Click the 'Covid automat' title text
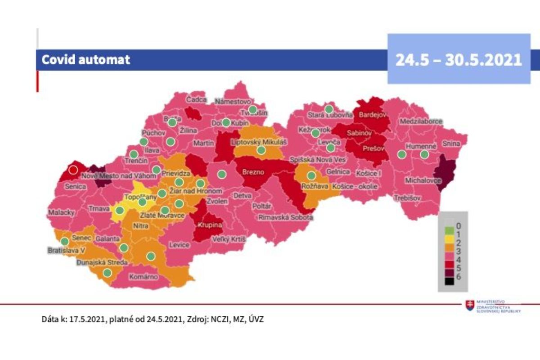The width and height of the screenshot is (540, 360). (x=85, y=59)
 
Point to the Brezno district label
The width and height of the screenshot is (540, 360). (x=253, y=172)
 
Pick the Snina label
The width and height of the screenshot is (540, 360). (x=451, y=144)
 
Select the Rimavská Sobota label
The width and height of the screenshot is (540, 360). (x=285, y=218)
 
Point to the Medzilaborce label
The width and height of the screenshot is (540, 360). (x=421, y=121)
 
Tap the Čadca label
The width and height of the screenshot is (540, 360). (x=196, y=99)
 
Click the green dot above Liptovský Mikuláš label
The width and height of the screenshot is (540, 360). (x=261, y=151)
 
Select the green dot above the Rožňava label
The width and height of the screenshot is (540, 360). (x=311, y=175)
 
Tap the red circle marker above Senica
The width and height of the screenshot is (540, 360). (x=73, y=170)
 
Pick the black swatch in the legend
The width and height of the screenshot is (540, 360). (x=449, y=281)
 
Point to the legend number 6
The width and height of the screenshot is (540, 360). (x=459, y=276)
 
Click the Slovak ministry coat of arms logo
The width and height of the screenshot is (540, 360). (x=470, y=306)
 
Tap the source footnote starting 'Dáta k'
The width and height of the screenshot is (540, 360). (x=153, y=319)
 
